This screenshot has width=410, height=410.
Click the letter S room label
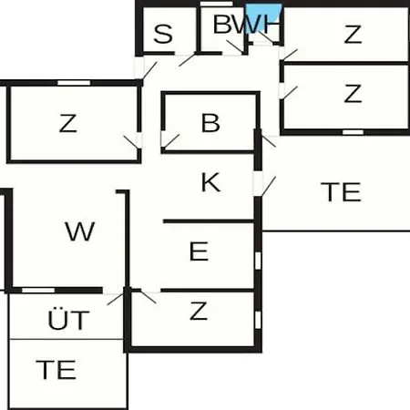click(x=163, y=34)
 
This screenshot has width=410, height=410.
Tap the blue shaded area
click(x=262, y=17)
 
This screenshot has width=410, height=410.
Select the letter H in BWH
click(x=271, y=24)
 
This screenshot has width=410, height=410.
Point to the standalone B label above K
click(x=210, y=123)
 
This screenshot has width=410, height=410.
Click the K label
click(x=210, y=182)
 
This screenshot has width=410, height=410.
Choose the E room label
click(x=199, y=251)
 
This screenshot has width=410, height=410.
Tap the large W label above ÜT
click(x=80, y=231)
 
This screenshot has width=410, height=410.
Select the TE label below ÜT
click(x=56, y=370)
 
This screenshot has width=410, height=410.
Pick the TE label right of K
click(x=341, y=192)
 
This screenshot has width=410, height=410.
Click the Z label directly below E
click(x=199, y=311)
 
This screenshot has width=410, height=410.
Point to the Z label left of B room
click(x=67, y=123)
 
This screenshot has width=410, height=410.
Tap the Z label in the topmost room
click(x=353, y=34)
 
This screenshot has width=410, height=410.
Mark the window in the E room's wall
click(x=258, y=261)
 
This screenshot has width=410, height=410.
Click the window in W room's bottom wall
click(x=38, y=291)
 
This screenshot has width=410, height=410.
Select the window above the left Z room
click(x=74, y=83)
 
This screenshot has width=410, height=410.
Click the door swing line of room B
click(x=171, y=141)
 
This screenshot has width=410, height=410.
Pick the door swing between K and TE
click(x=269, y=186)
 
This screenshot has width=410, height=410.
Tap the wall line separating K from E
click(x=209, y=221)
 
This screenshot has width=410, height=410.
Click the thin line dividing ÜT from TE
click(x=67, y=339)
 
